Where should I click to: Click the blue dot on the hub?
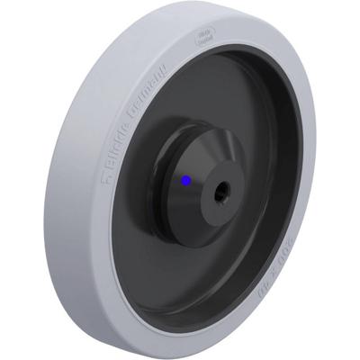pos(185,180)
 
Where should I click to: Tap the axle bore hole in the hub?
pos(221,191)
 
